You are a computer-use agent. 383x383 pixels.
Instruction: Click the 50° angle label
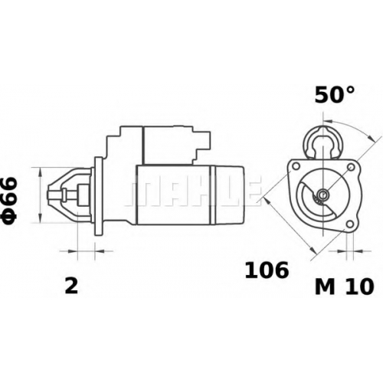pyautogui.click(x=335, y=94)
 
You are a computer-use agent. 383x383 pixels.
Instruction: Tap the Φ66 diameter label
pyautogui.click(x=9, y=198)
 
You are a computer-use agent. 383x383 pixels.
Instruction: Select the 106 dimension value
pyautogui.click(x=267, y=270)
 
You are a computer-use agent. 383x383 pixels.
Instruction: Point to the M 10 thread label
pyautogui.click(x=345, y=286)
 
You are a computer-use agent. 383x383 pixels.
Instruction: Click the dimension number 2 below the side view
pyautogui.click(x=71, y=286)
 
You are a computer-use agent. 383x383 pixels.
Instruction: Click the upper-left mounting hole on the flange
pyautogui.click(x=296, y=166)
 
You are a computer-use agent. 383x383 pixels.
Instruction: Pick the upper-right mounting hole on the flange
pyautogui.click(x=351, y=167)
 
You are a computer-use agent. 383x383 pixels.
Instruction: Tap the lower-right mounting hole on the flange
pyautogui.click(x=349, y=224)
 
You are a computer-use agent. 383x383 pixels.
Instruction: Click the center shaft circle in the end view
pyautogui.click(x=323, y=195)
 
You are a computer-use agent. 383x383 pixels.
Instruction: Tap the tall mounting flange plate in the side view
pyautogui.click(x=99, y=195)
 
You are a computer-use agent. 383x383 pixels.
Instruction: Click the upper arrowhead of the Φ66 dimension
pyautogui.click(x=40, y=172)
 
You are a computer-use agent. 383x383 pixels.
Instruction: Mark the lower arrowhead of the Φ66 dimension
pyautogui.click(x=40, y=218)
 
